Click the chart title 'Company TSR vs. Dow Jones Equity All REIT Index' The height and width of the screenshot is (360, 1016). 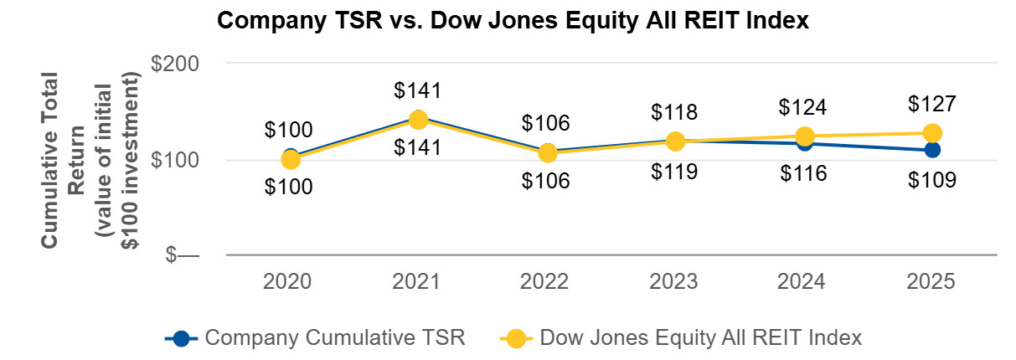[513, 21]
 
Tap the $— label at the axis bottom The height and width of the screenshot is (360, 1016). [182, 255]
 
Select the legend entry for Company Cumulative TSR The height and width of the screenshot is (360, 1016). [315, 337]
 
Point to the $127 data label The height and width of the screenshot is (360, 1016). [931, 105]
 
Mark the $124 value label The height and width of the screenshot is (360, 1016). [802, 108]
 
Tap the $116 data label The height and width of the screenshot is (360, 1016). [802, 173]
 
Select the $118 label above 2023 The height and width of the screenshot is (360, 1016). [674, 112]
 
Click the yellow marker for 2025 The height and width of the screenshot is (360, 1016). [931, 133]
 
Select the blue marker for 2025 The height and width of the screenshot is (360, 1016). [931, 150]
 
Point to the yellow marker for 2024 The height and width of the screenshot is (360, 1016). [804, 136]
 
